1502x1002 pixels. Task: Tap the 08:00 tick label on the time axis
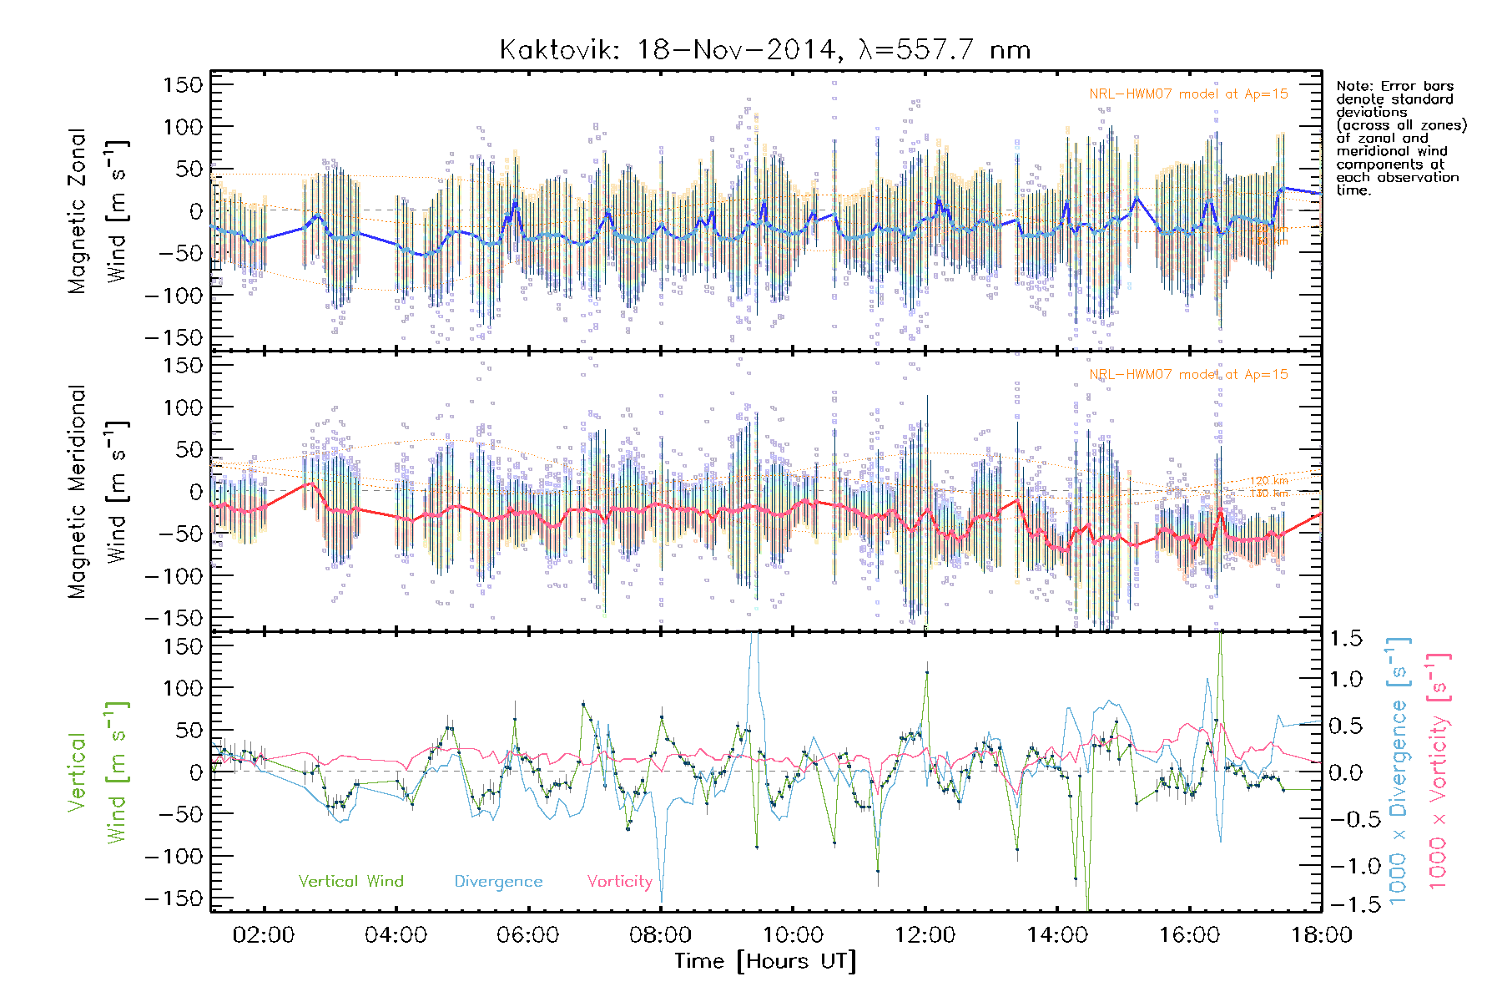tap(660, 935)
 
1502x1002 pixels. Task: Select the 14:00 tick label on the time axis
tap(1056, 935)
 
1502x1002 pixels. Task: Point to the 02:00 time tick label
tap(264, 935)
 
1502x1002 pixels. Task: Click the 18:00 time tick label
tap(1321, 935)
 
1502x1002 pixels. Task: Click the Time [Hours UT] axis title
tap(765, 961)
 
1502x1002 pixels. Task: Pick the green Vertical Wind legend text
tap(350, 882)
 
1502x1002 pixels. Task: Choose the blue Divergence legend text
tap(498, 882)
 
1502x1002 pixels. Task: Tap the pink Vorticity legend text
tap(619, 882)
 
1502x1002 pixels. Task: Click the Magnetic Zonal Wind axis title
tap(98, 210)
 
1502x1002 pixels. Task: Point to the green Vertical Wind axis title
tap(98, 772)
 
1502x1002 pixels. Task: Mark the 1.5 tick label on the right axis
tap(1345, 639)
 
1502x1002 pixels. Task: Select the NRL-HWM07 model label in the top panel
tap(1188, 94)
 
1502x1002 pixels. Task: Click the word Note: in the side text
tap(1353, 86)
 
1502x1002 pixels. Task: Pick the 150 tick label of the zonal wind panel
tap(183, 84)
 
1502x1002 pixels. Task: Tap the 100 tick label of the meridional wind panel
tap(183, 407)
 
